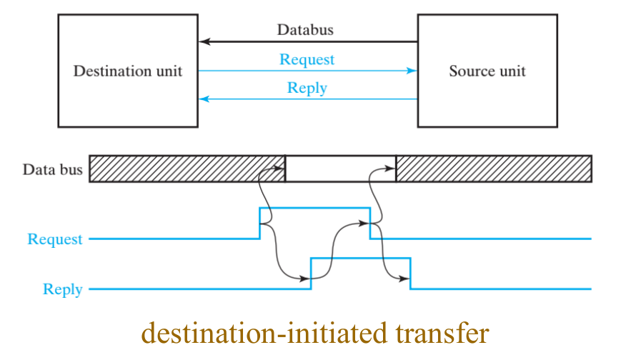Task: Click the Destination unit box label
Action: coord(128,71)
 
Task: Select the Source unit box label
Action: coord(487,71)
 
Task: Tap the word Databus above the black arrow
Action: coord(305,30)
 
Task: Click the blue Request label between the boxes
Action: coord(307,59)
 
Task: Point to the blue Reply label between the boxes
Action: coord(307,89)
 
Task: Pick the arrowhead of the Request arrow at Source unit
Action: coord(412,71)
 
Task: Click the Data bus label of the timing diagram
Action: coord(52,170)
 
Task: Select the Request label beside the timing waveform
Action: coord(55,239)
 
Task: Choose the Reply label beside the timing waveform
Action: coord(63,289)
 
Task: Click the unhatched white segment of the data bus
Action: coord(340,169)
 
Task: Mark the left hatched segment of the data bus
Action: coord(187,169)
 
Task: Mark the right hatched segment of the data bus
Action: coord(493,169)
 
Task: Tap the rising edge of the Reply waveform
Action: coord(311,273)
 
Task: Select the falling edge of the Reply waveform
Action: coord(411,273)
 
